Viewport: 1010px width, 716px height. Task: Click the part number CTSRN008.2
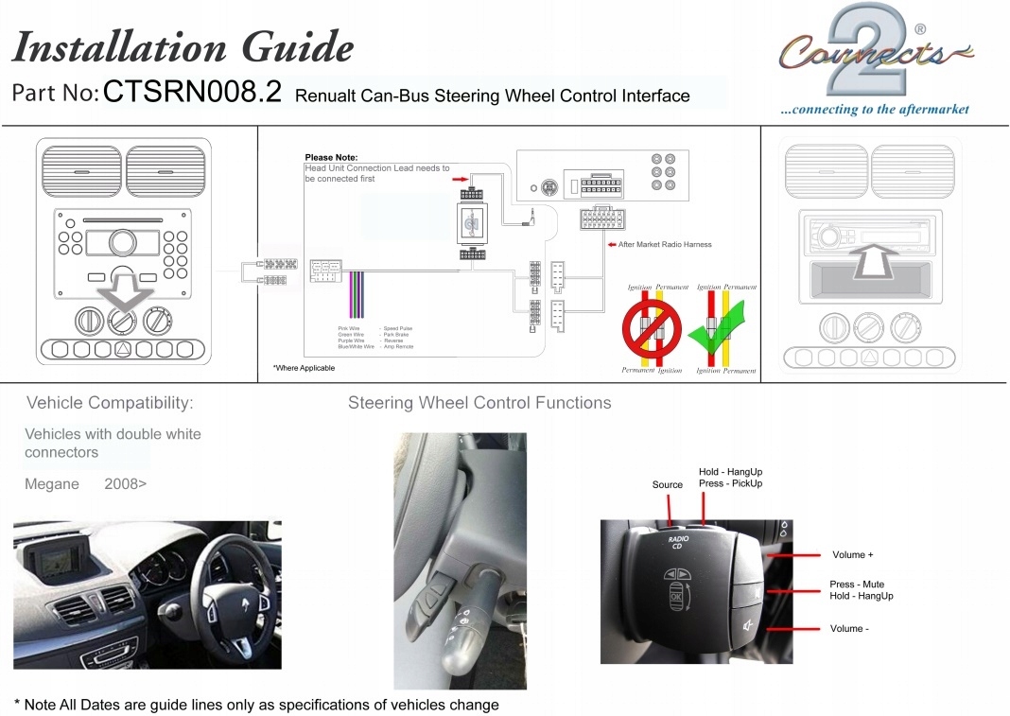192,93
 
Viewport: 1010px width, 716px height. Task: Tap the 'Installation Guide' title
183,45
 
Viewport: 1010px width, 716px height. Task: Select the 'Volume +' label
852,555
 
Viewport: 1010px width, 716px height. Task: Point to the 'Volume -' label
846,629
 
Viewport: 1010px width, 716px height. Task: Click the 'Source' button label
667,485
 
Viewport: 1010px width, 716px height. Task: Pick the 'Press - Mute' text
857,585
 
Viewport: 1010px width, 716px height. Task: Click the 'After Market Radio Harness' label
665,244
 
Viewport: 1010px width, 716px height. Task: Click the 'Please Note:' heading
331,158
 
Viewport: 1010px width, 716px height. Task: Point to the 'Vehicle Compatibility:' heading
110,404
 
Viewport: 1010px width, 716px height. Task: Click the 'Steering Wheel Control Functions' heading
479,404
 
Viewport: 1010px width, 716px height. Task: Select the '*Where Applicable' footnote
304,368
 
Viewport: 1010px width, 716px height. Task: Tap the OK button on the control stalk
677,598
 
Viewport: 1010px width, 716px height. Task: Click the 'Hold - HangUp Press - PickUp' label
730,478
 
